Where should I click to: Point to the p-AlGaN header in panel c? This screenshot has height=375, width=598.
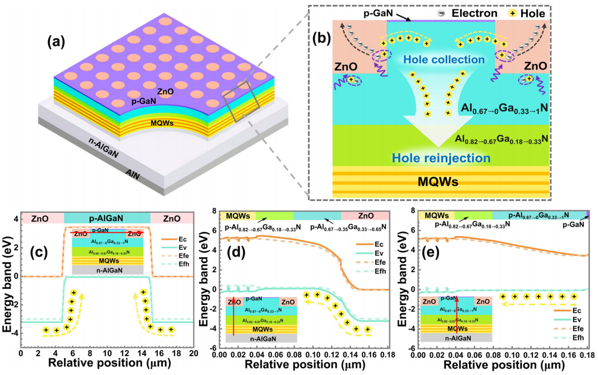coord(107,218)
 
